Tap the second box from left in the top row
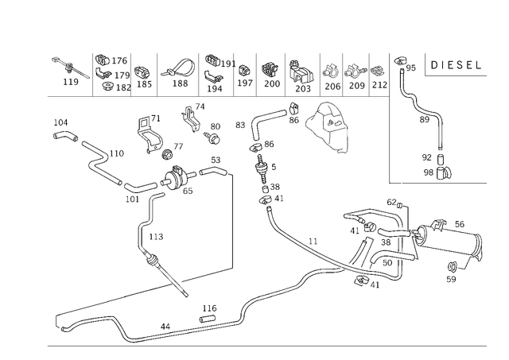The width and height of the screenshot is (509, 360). point(112,72)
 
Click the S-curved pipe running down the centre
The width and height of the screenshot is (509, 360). point(266,183)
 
